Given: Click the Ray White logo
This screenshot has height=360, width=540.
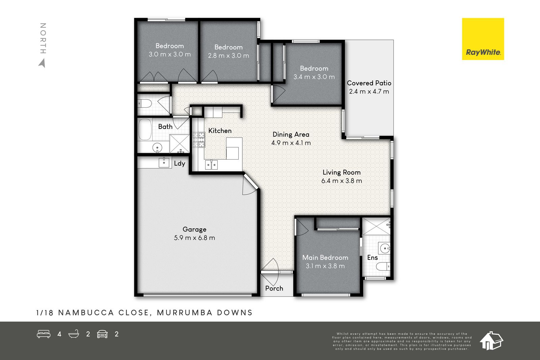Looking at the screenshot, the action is tap(483, 39).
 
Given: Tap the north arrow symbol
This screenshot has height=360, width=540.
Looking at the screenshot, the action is tap(42, 63).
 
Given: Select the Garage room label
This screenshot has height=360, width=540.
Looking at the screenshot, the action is tap(194, 229).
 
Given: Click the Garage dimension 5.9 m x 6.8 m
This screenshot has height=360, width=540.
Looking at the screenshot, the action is tap(194, 238).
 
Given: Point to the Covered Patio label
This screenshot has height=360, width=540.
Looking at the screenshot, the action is tap(369, 83).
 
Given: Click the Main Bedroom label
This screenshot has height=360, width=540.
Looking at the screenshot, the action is tap(325, 257).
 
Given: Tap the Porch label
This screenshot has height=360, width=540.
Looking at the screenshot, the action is tap(274, 288).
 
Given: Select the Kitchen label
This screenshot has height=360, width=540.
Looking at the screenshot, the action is tap(220, 131).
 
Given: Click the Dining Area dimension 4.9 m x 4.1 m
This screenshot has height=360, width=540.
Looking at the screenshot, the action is tap(291, 143).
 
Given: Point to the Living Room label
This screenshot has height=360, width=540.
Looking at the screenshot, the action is tap(342, 172).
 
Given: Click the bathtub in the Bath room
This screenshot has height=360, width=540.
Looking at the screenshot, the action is tap(145, 130).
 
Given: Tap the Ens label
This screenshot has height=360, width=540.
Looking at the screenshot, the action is tap(373, 257).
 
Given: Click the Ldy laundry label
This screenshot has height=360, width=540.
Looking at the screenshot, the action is tap(180, 164).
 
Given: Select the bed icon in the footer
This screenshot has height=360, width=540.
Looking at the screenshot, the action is tap(44, 334).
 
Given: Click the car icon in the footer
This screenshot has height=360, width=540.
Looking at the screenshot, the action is tap(102, 334).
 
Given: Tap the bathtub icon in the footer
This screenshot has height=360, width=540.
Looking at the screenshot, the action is tap(74, 334).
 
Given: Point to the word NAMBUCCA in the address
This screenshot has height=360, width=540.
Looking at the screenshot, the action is tap(86, 313).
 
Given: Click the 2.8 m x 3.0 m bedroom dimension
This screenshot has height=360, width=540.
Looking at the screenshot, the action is tap(228, 56).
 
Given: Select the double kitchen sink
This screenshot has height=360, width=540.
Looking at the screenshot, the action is tap(211, 165).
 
